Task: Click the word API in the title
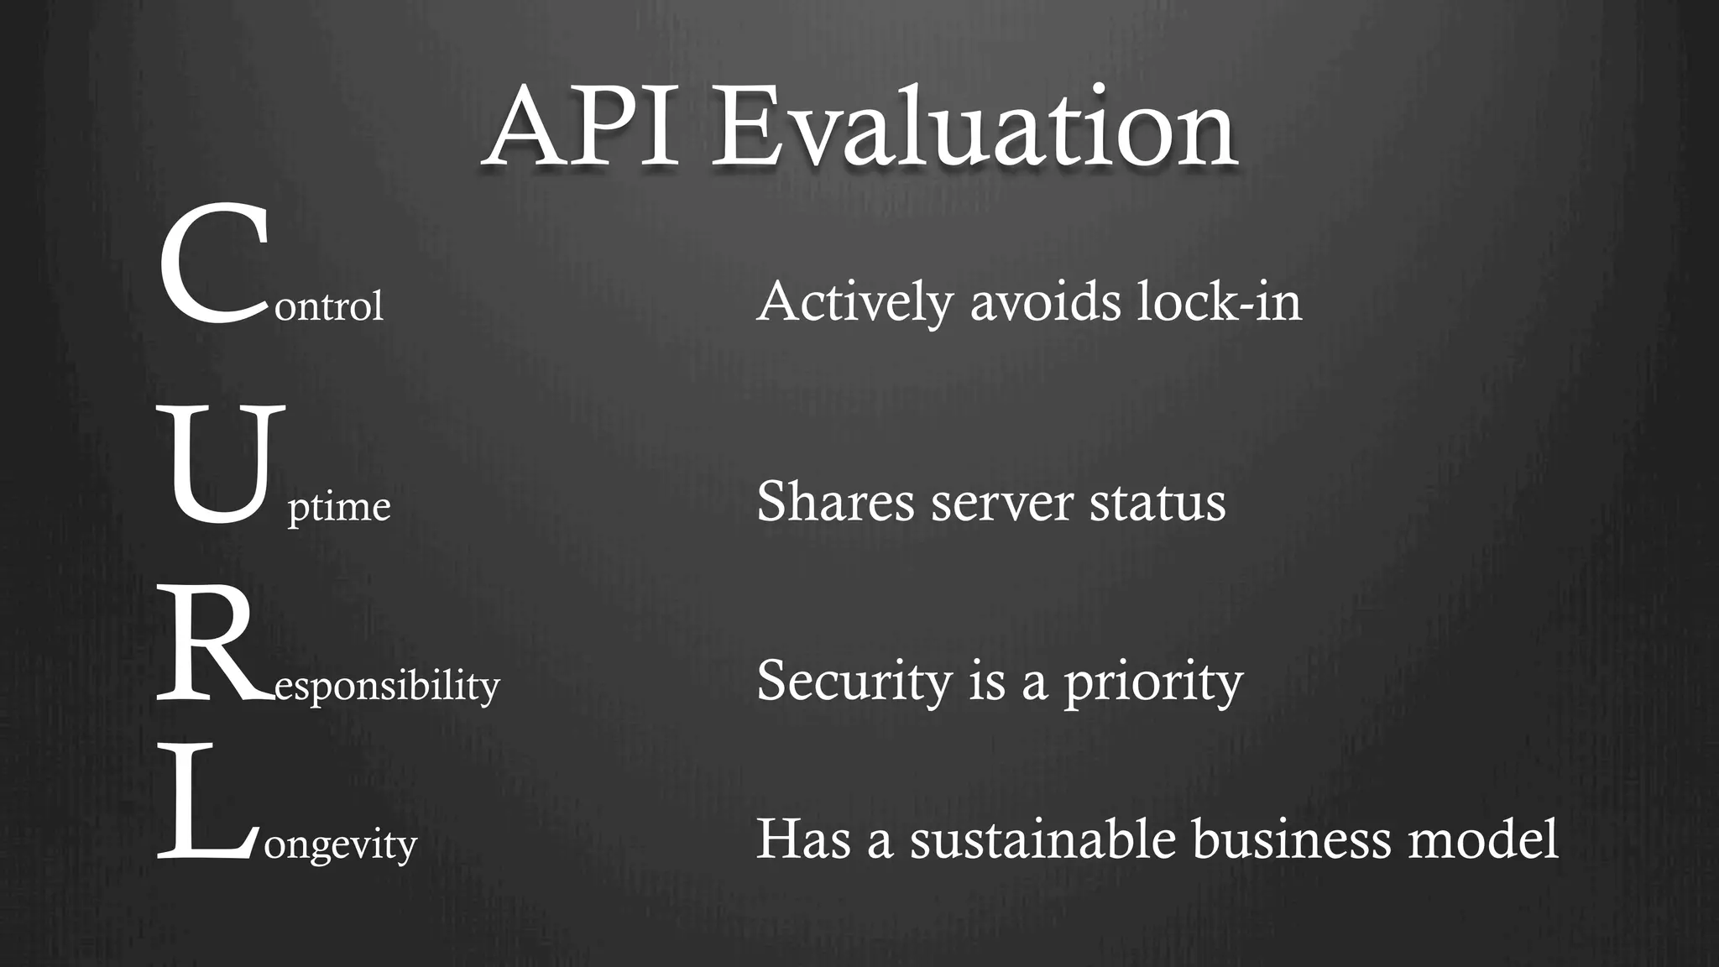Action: [x=583, y=128]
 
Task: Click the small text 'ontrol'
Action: [x=329, y=306]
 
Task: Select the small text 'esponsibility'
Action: [x=387, y=687]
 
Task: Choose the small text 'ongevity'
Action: [x=341, y=844]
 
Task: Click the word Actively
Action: [x=854, y=301]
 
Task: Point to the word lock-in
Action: [x=1219, y=301]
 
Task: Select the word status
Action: [x=1157, y=502]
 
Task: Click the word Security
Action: [x=854, y=681]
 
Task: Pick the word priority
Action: [x=1153, y=681]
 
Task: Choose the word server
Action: [x=1002, y=502]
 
